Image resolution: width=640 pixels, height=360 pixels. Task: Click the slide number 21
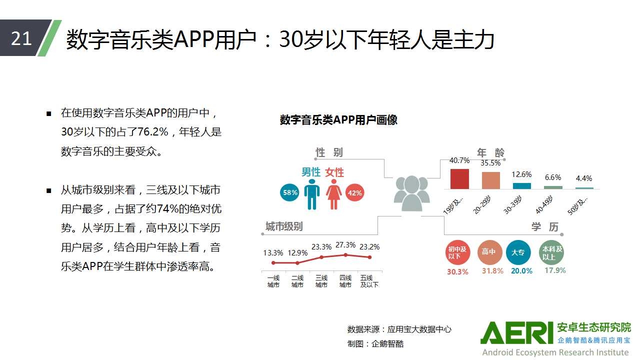21,38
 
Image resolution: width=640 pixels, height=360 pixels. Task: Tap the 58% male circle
289,192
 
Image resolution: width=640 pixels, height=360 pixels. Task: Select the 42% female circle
354,193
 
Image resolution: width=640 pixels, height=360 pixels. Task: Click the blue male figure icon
311,194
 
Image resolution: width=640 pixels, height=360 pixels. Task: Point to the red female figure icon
333,194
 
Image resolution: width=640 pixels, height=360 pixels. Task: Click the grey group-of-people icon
411,193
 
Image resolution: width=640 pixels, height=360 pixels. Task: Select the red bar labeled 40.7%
459,179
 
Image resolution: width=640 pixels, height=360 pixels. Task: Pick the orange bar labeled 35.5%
491,180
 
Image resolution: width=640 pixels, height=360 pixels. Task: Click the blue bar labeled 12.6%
521,185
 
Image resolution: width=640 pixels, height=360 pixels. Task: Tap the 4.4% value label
584,178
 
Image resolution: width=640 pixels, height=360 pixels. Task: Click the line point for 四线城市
345,255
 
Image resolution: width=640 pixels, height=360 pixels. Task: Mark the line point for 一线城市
273,263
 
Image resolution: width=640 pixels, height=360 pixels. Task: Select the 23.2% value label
369,246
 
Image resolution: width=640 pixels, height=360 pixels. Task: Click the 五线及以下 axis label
369,281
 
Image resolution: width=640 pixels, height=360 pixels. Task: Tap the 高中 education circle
489,252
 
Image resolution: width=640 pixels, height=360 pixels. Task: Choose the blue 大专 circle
518,252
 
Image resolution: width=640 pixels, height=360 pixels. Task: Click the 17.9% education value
555,270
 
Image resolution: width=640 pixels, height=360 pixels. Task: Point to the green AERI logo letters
517,333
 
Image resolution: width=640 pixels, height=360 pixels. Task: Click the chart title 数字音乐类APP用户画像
338,119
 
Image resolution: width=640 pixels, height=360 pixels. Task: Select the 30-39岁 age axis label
513,205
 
